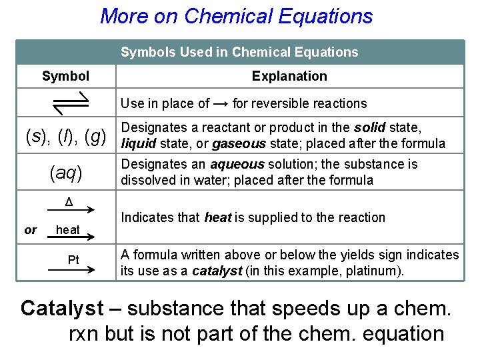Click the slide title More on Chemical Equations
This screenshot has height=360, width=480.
click(x=236, y=16)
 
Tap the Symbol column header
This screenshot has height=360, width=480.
click(x=65, y=76)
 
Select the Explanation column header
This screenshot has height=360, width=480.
click(x=289, y=76)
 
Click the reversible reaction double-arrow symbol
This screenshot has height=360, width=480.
click(x=65, y=103)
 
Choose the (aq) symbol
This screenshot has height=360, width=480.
click(x=65, y=173)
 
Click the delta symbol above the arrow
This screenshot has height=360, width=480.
click(x=69, y=202)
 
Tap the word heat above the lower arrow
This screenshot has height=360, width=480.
click(x=68, y=229)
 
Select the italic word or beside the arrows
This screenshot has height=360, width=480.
click(x=31, y=230)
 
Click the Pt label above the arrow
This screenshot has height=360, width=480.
click(x=73, y=259)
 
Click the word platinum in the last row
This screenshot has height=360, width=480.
click(x=377, y=271)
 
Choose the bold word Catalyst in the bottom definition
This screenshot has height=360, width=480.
click(x=62, y=308)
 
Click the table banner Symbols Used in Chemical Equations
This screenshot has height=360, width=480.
click(x=239, y=52)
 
